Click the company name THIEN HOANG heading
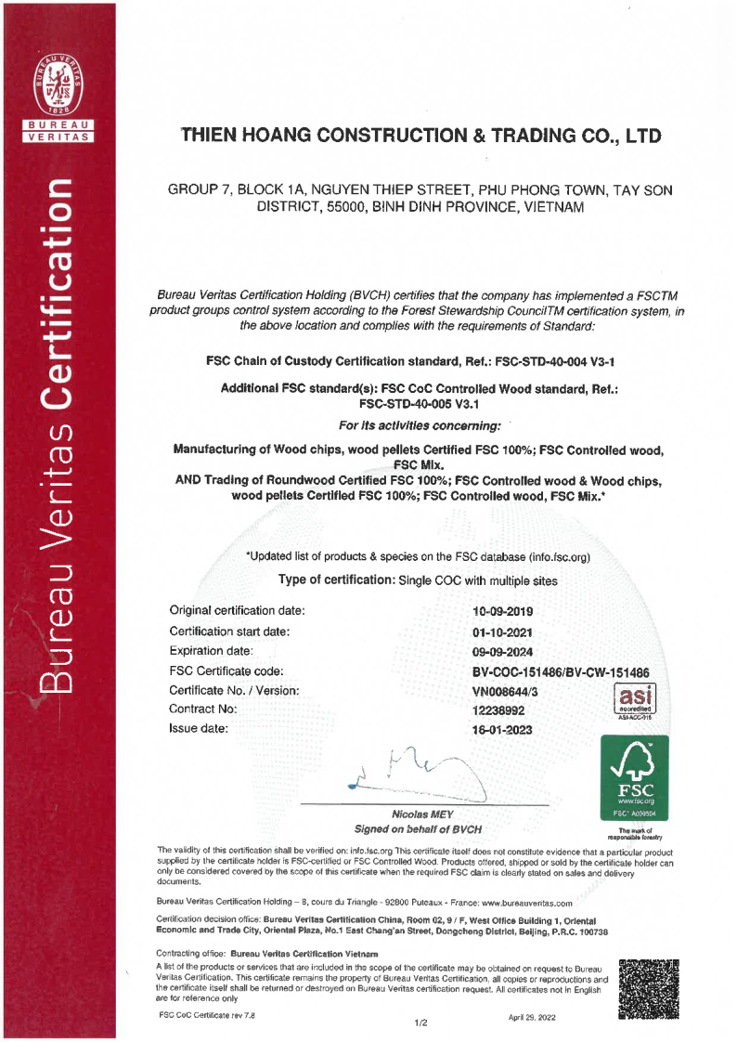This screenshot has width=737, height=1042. coord(421,136)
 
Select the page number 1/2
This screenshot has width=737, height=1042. coord(420,1023)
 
